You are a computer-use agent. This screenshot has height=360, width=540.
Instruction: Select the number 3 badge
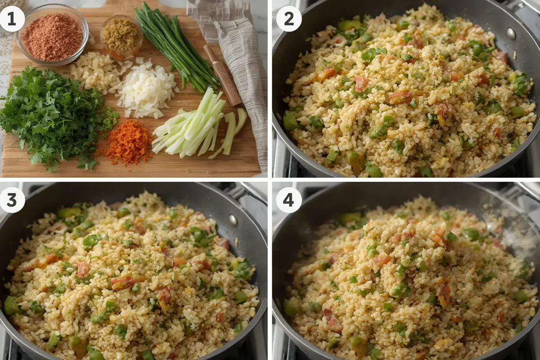[12, 199]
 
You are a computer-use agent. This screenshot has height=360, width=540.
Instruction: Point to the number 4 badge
[288, 199]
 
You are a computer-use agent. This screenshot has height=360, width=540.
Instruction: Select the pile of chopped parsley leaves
[54, 117]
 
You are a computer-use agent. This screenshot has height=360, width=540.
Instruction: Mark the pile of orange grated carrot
[128, 142]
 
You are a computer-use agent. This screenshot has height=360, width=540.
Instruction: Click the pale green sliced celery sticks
[193, 126]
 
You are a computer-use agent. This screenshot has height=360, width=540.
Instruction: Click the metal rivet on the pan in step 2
[511, 34]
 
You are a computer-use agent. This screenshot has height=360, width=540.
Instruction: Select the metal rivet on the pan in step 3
[232, 220]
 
